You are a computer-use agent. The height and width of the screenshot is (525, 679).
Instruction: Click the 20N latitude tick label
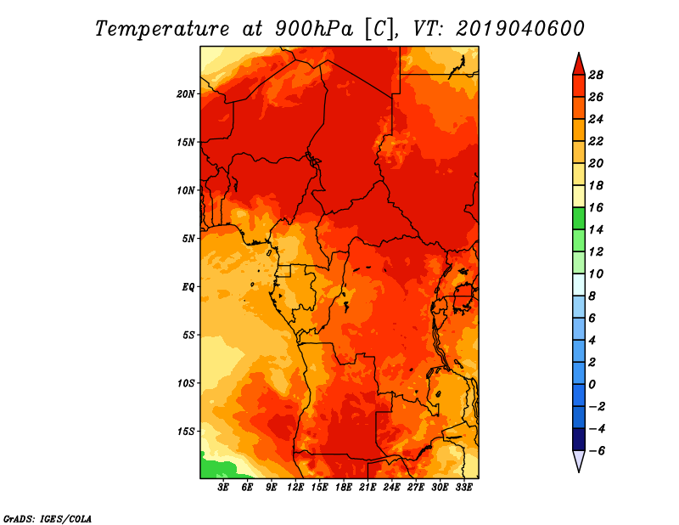[186, 94]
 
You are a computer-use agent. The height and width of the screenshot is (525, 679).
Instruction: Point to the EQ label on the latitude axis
[188, 287]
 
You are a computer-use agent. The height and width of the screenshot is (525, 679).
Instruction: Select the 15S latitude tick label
[186, 432]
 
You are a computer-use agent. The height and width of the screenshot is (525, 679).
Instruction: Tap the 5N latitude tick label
[188, 239]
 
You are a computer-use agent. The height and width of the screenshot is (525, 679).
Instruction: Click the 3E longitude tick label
[223, 488]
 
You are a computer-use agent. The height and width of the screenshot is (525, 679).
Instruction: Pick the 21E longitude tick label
[368, 488]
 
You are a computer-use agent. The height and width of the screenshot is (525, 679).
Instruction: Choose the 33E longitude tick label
[463, 488]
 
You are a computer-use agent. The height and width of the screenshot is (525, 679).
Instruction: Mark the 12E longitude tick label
[295, 488]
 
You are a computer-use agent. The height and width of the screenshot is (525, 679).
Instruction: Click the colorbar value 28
[596, 75]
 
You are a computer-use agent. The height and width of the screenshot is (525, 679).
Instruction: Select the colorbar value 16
[596, 207]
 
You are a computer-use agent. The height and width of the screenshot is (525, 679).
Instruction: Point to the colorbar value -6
[597, 451]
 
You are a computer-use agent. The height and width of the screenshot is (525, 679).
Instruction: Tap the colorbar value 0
[592, 385]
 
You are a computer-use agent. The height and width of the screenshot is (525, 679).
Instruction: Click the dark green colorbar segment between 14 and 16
[579, 218]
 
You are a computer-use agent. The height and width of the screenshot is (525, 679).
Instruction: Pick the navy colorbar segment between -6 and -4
[579, 439]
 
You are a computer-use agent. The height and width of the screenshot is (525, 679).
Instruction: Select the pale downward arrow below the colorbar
[579, 460]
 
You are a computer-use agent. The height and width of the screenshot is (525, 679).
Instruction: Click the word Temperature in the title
[162, 29]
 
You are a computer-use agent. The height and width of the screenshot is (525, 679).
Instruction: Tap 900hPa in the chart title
[314, 29]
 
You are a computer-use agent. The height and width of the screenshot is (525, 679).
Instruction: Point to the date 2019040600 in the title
[520, 29]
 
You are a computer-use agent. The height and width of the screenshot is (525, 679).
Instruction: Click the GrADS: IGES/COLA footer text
[48, 518]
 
